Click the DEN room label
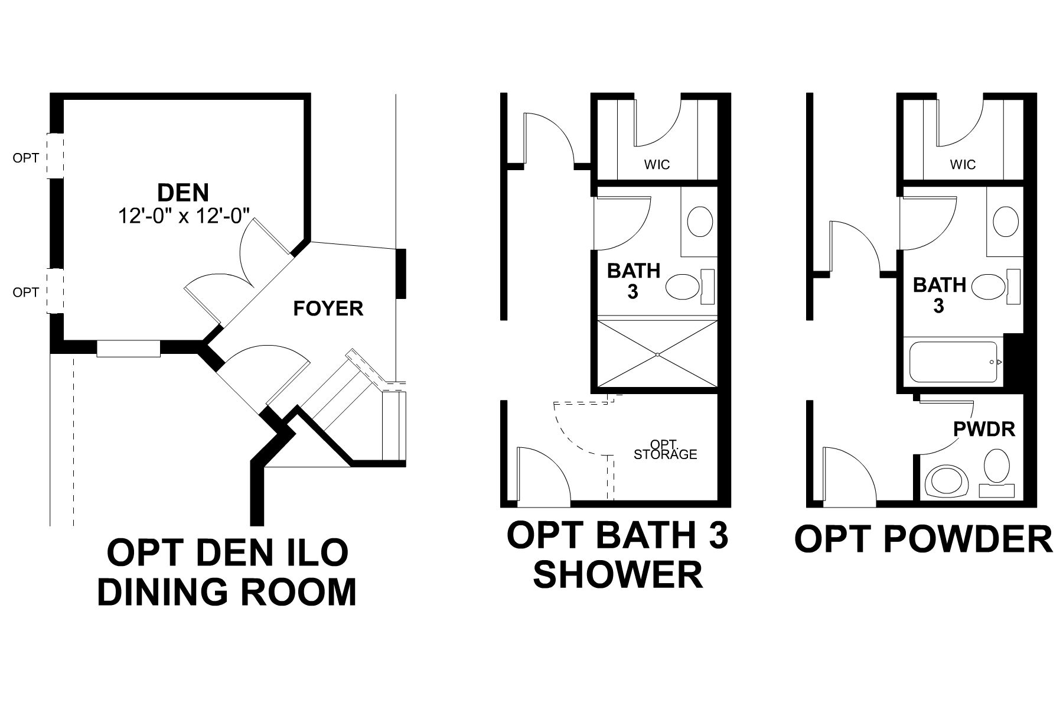[183, 193]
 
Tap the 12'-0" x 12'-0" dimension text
[189, 216]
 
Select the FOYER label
[328, 308]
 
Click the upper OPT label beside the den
[26, 158]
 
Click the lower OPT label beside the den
[26, 292]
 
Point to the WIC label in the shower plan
[657, 164]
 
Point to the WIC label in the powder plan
[963, 164]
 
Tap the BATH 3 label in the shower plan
[634, 281]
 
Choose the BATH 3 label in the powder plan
[939, 295]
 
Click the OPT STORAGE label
[665, 450]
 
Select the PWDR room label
[984, 428]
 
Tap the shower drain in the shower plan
[657, 354]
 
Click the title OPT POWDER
[923, 539]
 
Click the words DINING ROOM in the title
[227, 591]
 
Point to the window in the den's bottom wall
[128, 349]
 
